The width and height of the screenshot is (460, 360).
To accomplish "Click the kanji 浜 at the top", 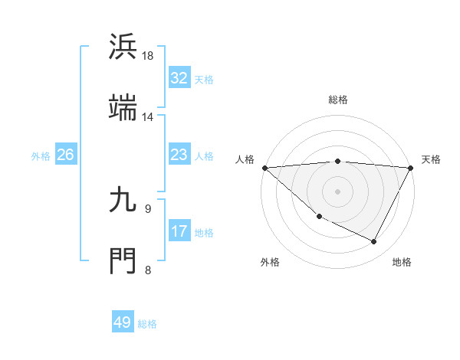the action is [x=123, y=47].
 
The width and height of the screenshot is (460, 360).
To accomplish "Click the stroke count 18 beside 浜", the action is [x=148, y=56].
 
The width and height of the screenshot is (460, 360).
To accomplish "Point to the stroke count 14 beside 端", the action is [x=148, y=116].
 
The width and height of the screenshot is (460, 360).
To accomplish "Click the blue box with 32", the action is [x=179, y=78].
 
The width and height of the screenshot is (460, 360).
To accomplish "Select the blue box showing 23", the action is [x=179, y=155].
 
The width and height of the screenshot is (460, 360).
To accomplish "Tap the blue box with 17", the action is [x=179, y=231].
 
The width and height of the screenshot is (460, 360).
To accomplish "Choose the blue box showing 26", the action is [x=65, y=155].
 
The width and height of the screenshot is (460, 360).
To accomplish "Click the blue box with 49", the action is [x=123, y=322].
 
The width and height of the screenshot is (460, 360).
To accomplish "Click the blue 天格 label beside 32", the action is [x=204, y=79].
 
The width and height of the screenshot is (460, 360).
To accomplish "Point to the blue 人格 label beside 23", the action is [x=204, y=155].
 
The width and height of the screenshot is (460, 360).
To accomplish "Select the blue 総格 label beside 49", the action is [x=148, y=323].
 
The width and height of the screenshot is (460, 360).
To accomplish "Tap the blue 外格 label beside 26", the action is [x=41, y=155].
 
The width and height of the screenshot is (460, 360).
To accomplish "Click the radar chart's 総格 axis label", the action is [x=338, y=100].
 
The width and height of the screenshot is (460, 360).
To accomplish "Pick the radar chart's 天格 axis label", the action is [x=431, y=159].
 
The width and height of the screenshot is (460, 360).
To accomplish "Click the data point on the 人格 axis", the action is [x=264, y=168].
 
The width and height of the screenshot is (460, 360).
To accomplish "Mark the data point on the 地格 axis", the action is [x=374, y=242].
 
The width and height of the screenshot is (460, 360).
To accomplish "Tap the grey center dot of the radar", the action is [x=338, y=191].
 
